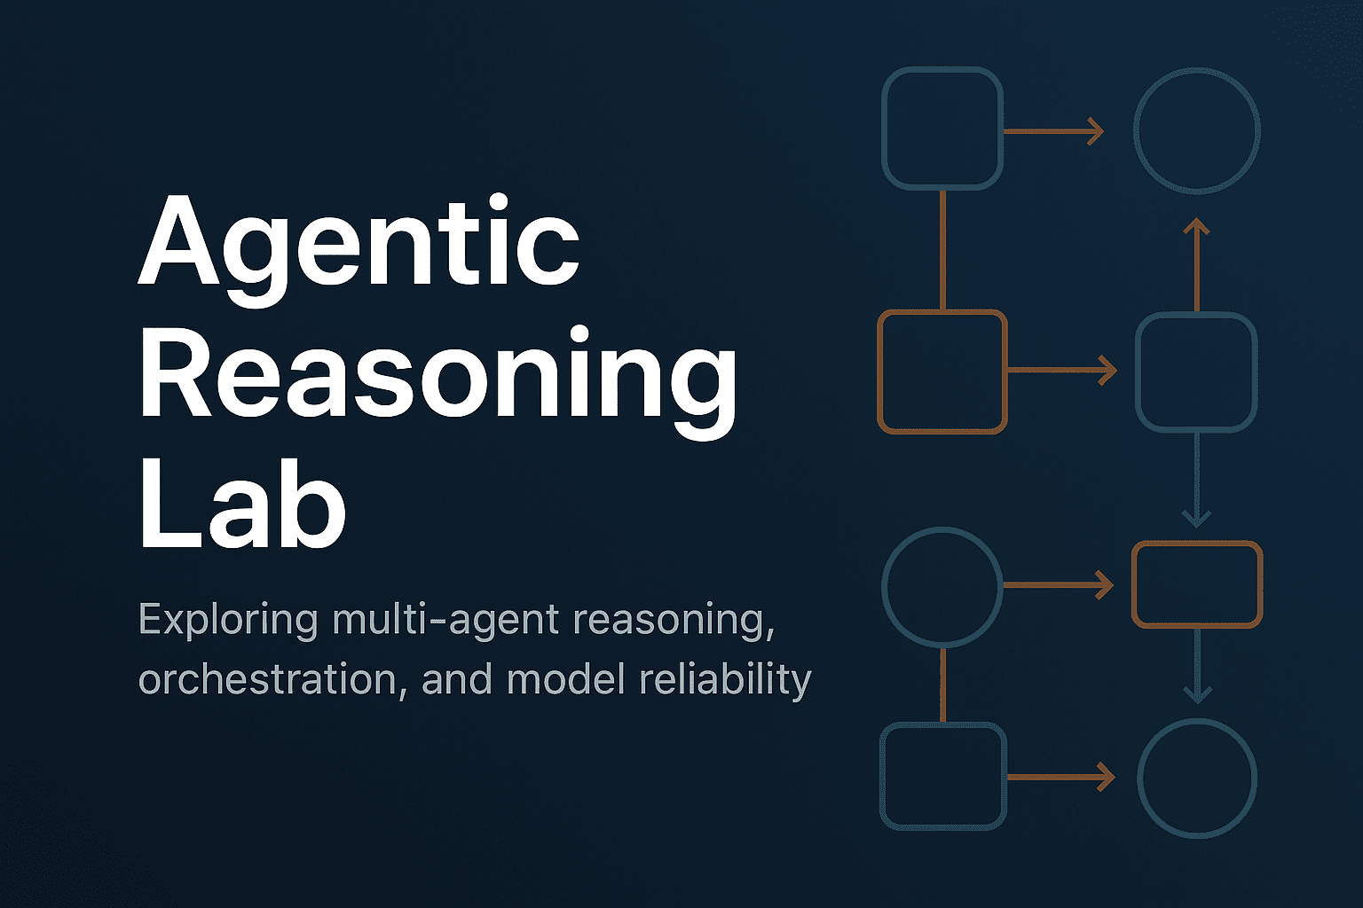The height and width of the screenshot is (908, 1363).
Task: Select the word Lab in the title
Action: [x=241, y=505]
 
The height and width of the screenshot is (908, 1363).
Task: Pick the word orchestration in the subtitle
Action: [x=268, y=680]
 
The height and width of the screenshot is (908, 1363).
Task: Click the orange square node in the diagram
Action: [x=941, y=372]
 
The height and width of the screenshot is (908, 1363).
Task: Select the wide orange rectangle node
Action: [x=1197, y=584]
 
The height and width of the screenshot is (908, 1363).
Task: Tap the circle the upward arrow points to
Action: [x=1197, y=130]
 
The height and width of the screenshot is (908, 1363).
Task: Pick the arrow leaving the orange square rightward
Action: [x=1061, y=370]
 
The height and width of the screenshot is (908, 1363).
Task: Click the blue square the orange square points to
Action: [x=1197, y=372]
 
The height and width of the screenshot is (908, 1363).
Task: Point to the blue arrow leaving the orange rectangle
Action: [x=1197, y=665]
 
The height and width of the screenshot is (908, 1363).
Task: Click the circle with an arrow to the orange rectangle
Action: [x=942, y=585]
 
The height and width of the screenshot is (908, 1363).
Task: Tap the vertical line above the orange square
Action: [x=942, y=249]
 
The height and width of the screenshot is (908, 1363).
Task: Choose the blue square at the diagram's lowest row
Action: [x=942, y=776]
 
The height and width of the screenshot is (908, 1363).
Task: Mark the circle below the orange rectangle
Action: [x=1197, y=777]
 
